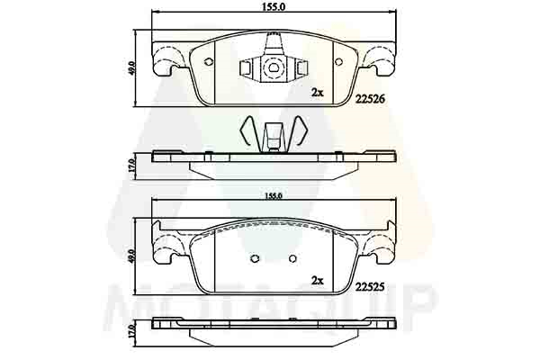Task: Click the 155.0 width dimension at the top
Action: tap(274, 6)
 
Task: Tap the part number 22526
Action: tap(370, 100)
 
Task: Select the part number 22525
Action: tap(370, 287)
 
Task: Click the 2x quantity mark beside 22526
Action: tap(317, 92)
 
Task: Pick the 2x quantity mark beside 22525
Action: tap(317, 281)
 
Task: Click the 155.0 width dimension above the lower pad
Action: tap(274, 196)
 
